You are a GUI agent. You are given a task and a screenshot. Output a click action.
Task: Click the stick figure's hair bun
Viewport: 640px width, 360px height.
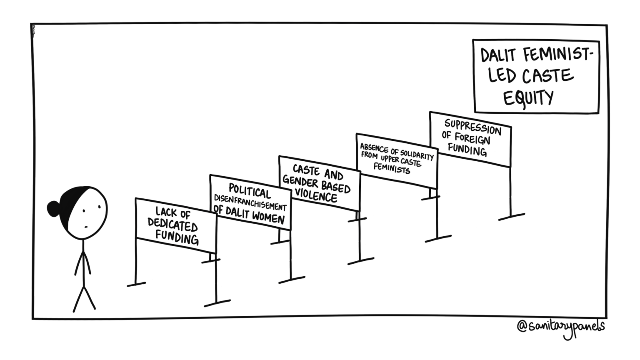click(x=54, y=207)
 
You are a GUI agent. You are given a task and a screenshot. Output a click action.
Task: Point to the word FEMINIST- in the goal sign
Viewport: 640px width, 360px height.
click(x=555, y=55)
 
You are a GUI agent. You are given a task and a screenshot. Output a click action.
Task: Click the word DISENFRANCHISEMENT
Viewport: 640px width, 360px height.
click(x=250, y=202)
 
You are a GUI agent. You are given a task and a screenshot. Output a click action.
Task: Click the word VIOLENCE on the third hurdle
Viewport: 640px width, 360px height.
click(x=316, y=195)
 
